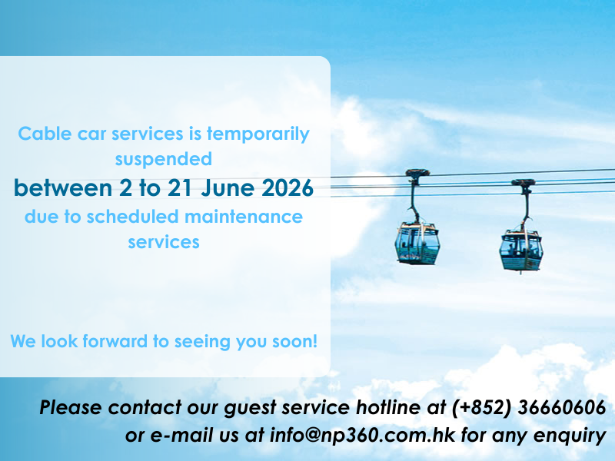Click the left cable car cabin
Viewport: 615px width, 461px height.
point(417,243)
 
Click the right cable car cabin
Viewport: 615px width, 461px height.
point(521,250)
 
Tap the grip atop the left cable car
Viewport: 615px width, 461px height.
point(417,174)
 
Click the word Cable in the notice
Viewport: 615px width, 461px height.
point(45,134)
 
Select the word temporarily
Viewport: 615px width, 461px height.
point(258,134)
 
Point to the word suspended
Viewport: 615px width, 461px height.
point(164,160)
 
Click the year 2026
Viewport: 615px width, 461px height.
point(288,187)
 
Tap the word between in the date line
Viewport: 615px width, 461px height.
point(63,187)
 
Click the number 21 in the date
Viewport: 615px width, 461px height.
point(180,187)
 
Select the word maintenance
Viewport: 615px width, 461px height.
point(244,217)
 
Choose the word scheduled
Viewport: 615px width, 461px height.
point(132,217)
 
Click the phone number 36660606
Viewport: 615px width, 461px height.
point(562,408)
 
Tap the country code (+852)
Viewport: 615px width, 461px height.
point(482,408)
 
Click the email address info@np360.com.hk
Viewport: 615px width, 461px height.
point(362,436)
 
